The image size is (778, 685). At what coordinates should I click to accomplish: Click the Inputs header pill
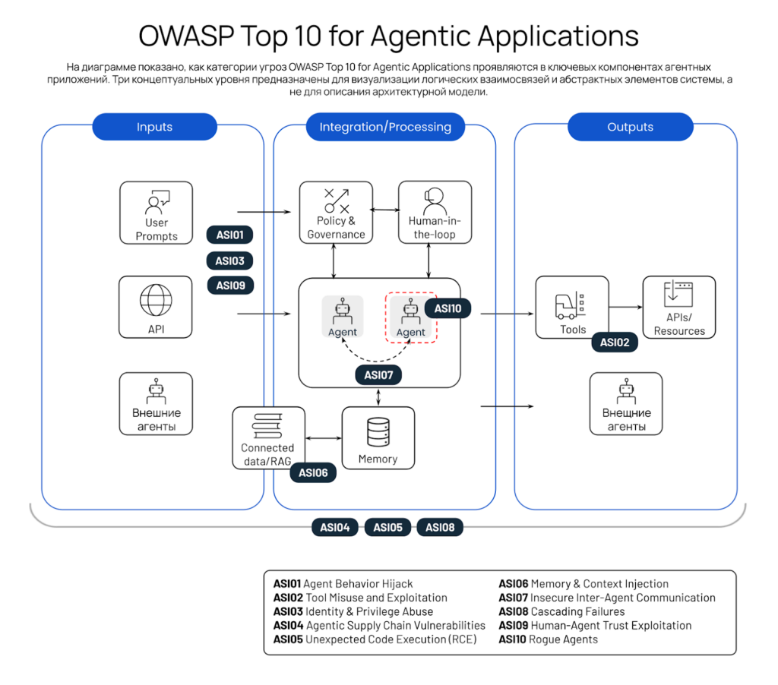pyautogui.click(x=154, y=127)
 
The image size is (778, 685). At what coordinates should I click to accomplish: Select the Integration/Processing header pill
pyautogui.click(x=385, y=127)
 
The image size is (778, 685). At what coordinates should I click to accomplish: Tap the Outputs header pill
pyautogui.click(x=630, y=127)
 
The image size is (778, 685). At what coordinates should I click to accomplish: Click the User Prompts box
pyautogui.click(x=156, y=213)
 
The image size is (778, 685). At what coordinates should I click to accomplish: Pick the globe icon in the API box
pyautogui.click(x=156, y=298)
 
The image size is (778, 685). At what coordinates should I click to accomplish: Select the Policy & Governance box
pyautogui.click(x=336, y=213)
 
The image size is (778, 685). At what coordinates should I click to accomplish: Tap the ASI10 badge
pyautogui.click(x=448, y=309)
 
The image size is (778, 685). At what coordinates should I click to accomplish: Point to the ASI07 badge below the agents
pyautogui.click(x=378, y=374)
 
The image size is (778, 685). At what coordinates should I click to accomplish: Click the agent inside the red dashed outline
pyautogui.click(x=411, y=317)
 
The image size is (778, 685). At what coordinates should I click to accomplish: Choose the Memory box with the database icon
pyautogui.click(x=378, y=438)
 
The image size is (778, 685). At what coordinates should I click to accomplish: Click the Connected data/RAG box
pyautogui.click(x=267, y=438)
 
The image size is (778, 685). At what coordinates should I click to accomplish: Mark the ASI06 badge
pyautogui.click(x=313, y=472)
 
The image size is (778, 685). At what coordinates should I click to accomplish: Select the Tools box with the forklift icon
pyautogui.click(x=572, y=307)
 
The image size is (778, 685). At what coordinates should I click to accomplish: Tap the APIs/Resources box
pyautogui.click(x=679, y=307)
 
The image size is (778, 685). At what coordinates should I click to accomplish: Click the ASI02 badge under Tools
pyautogui.click(x=615, y=342)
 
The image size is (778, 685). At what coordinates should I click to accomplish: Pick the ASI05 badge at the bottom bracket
pyautogui.click(x=387, y=527)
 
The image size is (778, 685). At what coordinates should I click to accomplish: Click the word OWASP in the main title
pyautogui.click(x=185, y=36)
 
